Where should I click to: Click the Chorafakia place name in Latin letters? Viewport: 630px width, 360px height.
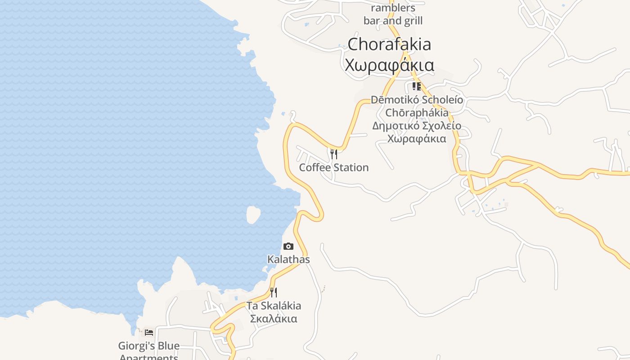point(389,44)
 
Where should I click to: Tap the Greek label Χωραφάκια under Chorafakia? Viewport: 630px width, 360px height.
point(389,65)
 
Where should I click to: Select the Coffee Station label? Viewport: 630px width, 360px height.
point(334,167)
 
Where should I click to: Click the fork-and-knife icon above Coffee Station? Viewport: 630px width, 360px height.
point(334,154)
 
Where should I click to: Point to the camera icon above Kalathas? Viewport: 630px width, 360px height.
point(288,246)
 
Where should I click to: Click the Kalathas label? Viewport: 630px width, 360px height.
point(288,260)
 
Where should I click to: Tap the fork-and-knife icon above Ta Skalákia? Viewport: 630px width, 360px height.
point(274,292)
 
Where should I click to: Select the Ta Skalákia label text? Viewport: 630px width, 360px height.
point(274,306)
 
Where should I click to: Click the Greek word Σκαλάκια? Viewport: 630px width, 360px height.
point(274,319)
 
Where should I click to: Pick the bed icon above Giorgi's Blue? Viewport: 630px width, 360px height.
point(149,333)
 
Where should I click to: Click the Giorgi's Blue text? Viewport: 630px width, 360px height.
point(149,346)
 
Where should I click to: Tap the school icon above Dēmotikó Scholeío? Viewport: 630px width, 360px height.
point(417,86)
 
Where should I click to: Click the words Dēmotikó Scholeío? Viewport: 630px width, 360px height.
point(417,99)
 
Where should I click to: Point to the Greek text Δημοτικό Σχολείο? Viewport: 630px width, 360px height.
point(417,126)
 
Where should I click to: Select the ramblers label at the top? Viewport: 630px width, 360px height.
point(393,8)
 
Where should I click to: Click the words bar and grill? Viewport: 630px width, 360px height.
point(393,21)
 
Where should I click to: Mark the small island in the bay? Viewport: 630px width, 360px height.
point(253,214)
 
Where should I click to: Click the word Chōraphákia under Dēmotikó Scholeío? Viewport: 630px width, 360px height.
point(417,112)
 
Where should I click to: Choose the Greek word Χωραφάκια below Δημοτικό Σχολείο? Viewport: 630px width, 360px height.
point(417,139)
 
